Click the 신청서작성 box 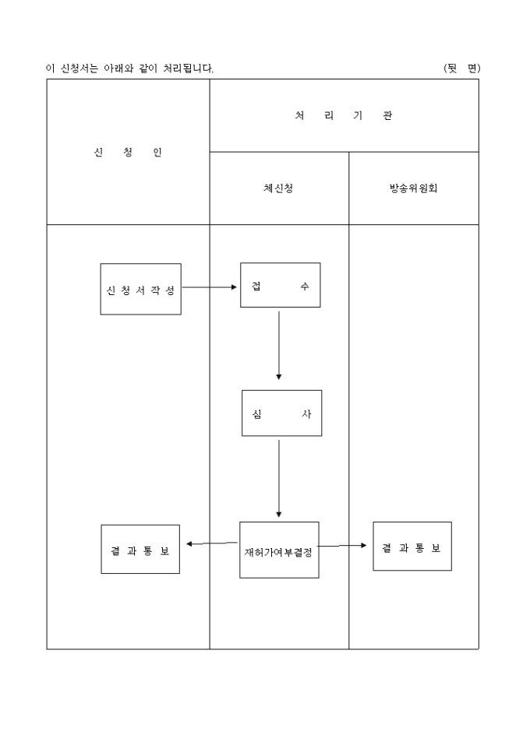[x=140, y=289]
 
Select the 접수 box [x=280, y=285]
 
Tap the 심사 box [x=281, y=413]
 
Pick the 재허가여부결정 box [x=279, y=550]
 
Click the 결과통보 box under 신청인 [x=140, y=549]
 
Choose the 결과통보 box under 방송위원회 [x=412, y=547]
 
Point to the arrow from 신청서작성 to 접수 [x=210, y=287]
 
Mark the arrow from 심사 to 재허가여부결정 [x=279, y=478]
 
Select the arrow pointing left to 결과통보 [x=211, y=543]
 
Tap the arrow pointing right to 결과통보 [x=343, y=546]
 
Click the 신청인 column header [x=128, y=152]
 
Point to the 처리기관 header [x=344, y=115]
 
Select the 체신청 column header [x=279, y=188]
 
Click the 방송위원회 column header [x=413, y=188]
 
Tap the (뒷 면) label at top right [x=461, y=68]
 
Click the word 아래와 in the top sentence [x=119, y=69]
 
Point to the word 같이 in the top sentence [x=149, y=69]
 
